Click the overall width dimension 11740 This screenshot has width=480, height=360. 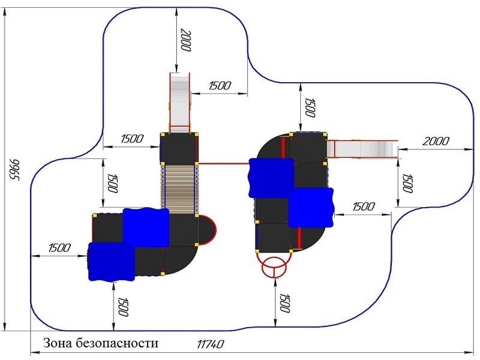tap(210, 344)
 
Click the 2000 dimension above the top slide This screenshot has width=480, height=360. tap(185, 41)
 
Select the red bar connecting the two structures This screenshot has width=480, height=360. tap(223, 163)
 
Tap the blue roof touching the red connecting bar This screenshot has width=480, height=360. tap(272, 178)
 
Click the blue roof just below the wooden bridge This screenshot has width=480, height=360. tap(146, 227)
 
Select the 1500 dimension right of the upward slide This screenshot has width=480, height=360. tap(220, 86)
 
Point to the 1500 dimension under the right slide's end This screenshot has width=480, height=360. tap(407, 183)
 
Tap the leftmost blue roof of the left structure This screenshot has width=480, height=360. tap(112, 262)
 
